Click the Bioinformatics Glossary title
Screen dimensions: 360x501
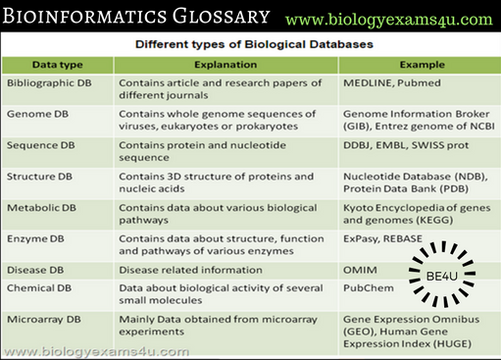click(137, 17)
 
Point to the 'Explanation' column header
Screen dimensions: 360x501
click(225, 64)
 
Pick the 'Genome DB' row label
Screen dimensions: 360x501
click(36, 115)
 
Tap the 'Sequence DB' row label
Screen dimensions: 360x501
click(40, 146)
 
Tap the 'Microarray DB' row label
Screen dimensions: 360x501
click(44, 320)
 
